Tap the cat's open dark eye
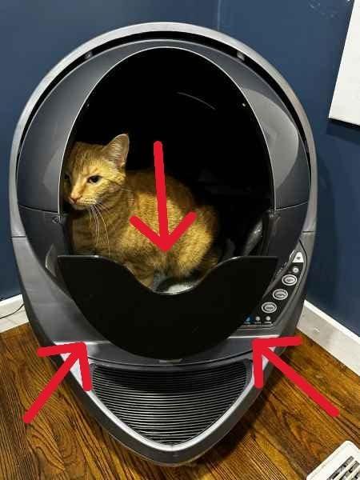click(94, 179)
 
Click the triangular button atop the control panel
click(298, 258)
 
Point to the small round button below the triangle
click(296, 270)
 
